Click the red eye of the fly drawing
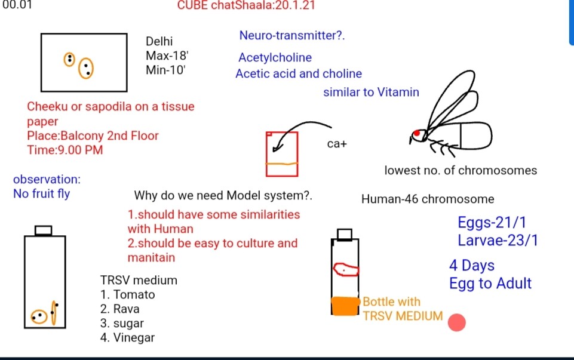(x=416, y=133)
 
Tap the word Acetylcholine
(x=275, y=57)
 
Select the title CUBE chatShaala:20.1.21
(x=246, y=5)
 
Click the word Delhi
(x=159, y=41)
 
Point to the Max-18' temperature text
(x=167, y=56)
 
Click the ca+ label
(x=337, y=144)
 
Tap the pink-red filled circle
(x=456, y=322)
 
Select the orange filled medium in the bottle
(x=345, y=306)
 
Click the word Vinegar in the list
(x=134, y=337)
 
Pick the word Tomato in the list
(x=134, y=294)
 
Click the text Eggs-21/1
(x=492, y=223)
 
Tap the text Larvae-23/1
(x=498, y=241)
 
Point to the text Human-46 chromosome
(x=428, y=199)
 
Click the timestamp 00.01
(x=17, y=5)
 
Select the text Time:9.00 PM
(x=65, y=150)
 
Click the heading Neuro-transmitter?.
(x=291, y=35)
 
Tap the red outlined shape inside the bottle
(x=346, y=269)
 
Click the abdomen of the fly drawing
(x=476, y=136)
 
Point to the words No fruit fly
(x=41, y=193)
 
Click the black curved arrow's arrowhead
(x=277, y=148)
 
